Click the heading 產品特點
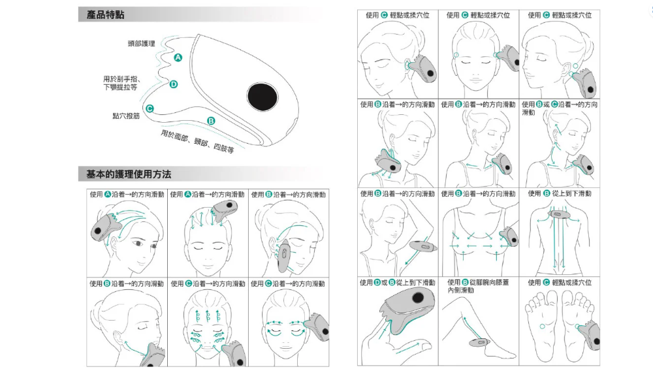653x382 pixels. [105, 14]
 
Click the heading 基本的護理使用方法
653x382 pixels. [129, 174]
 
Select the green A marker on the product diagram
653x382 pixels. [178, 59]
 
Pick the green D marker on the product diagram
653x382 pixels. [174, 84]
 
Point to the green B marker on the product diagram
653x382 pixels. [210, 121]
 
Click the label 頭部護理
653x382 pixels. [142, 44]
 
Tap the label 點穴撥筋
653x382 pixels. [126, 116]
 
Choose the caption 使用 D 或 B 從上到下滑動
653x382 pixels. [397, 283]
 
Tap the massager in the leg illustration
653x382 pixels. [479, 342]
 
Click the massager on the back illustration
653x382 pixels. [560, 215]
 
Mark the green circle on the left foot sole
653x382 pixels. [541, 325]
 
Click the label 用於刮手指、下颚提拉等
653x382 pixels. [120, 83]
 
